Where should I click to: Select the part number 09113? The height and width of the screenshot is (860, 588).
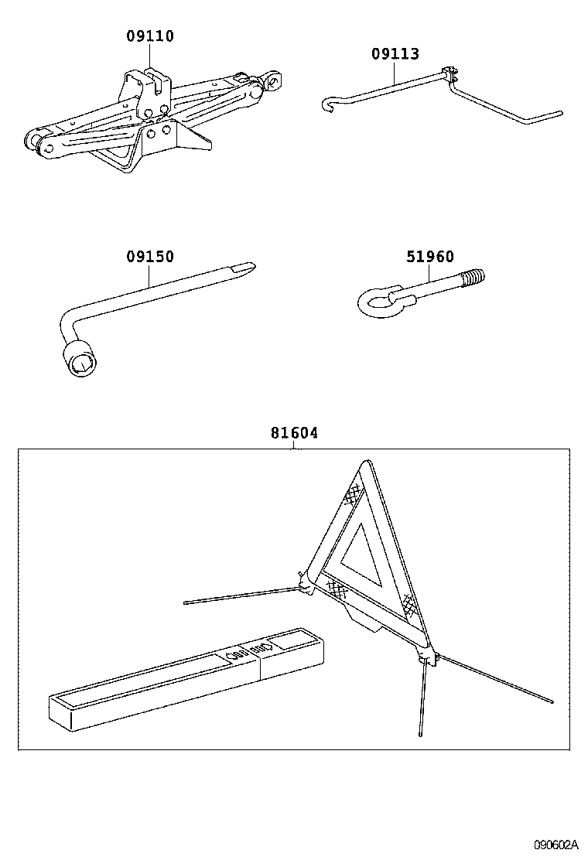click(395, 53)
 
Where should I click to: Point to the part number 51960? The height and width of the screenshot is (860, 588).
click(430, 257)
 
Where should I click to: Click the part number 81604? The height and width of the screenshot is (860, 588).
click(294, 433)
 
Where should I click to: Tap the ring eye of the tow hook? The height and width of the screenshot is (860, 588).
click(377, 302)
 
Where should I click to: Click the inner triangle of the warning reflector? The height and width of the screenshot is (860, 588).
click(361, 554)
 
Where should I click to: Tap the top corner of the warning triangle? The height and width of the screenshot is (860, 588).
click(364, 468)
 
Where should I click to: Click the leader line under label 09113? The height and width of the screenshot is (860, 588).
click(395, 73)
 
